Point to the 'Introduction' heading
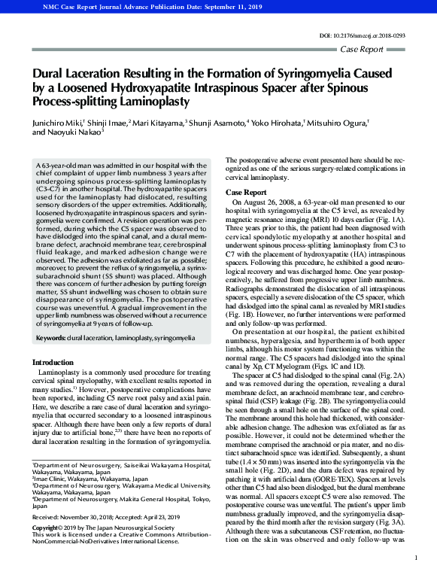53,362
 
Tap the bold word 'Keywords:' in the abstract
51,339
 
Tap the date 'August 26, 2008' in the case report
274,204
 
